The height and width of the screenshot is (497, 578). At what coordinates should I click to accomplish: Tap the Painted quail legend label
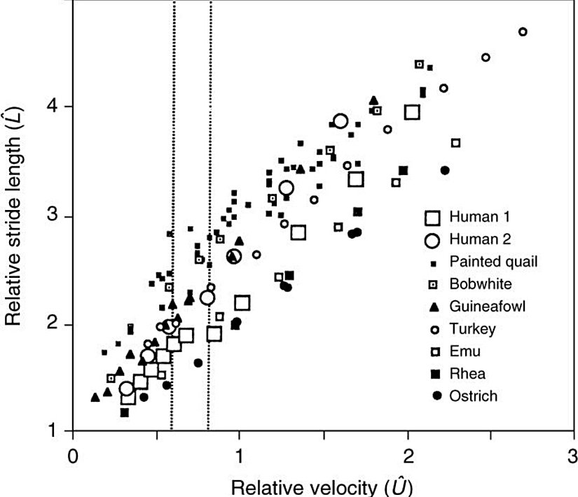click(x=493, y=262)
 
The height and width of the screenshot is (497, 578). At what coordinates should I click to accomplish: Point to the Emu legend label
click(x=467, y=351)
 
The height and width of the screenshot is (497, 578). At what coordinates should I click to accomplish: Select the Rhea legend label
click(x=468, y=373)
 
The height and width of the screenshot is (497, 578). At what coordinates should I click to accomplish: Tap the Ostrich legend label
click(x=474, y=396)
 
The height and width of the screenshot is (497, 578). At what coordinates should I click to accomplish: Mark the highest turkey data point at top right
click(x=522, y=31)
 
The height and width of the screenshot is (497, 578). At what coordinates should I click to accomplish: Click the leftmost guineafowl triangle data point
click(x=95, y=398)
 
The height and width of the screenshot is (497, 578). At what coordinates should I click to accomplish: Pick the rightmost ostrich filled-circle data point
click(x=444, y=170)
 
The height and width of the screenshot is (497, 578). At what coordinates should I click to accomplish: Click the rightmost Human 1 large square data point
click(x=412, y=112)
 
